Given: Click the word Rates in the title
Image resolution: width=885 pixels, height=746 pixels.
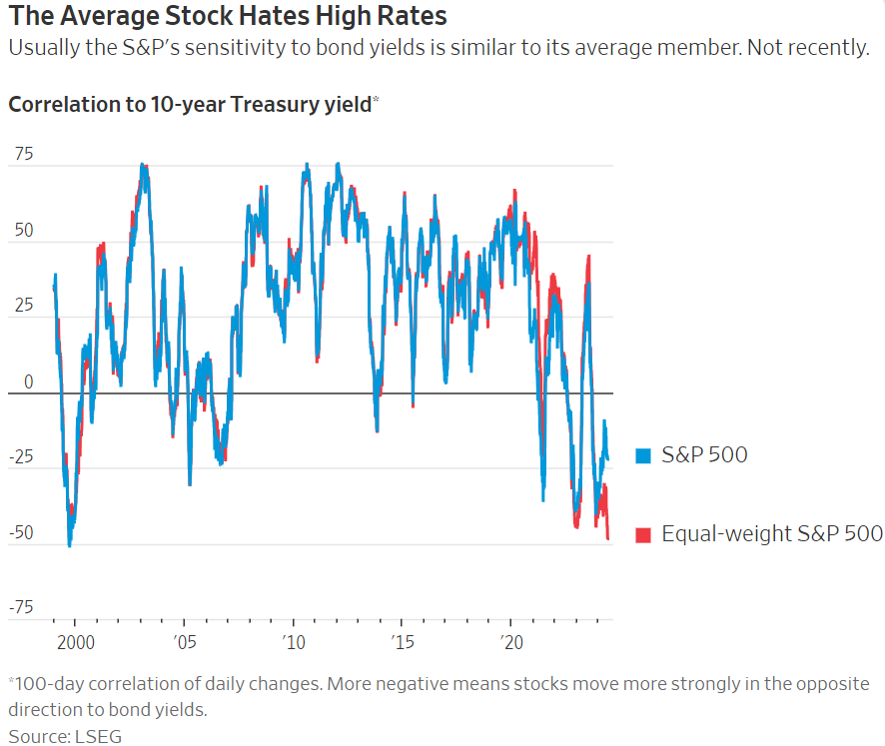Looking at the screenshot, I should tap(408, 17).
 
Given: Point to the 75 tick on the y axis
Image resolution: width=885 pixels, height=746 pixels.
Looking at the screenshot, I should tap(23, 154).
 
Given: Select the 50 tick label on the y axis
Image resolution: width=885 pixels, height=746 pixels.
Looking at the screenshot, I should tap(23, 230).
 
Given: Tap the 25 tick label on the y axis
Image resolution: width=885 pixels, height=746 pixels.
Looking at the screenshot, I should tap(23, 306).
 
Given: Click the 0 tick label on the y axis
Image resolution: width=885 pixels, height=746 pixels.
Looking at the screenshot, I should tap(28, 381).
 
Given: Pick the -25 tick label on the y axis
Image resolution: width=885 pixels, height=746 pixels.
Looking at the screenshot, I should tap(20, 457).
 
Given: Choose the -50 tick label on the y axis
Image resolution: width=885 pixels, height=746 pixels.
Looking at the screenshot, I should tap(20, 532).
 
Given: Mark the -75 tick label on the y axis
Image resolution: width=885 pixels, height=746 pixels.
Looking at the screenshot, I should tap(20, 608).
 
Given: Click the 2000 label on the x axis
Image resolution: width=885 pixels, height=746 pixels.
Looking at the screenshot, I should tap(75, 639).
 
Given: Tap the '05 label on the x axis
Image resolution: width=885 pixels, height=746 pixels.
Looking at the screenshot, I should tap(185, 639).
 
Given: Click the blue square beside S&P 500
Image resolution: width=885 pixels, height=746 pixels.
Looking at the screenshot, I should tap(643, 456).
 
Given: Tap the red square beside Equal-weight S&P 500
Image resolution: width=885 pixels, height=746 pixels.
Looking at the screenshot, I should tap(643, 535).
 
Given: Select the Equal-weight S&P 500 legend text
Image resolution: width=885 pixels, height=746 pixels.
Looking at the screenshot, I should tap(770, 534).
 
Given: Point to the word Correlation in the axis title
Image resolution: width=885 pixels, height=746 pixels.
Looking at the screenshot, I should tap(61, 103).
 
